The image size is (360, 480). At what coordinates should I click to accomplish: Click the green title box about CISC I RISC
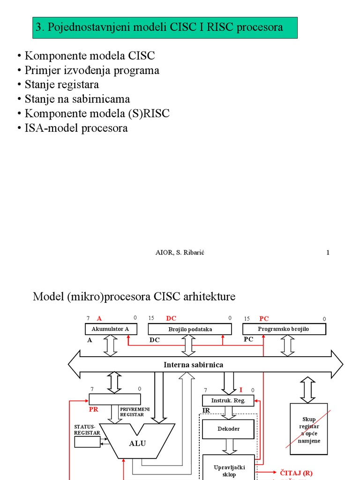[x=165, y=28]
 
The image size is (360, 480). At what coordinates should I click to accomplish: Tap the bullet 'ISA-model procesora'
[x=73, y=128]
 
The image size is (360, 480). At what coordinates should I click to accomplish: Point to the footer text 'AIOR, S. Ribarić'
[x=180, y=253]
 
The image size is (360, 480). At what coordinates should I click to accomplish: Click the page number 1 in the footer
[x=328, y=253]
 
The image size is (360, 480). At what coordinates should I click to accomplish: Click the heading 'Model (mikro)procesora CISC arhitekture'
[x=134, y=297]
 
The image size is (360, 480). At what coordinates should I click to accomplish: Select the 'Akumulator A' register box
[x=111, y=329]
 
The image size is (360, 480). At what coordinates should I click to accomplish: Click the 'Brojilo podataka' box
[x=190, y=329]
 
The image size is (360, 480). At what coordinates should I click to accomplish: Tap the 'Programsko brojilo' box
[x=284, y=329]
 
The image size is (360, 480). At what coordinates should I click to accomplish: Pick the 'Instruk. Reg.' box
[x=228, y=400]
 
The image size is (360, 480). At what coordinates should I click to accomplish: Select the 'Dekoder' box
[x=228, y=429]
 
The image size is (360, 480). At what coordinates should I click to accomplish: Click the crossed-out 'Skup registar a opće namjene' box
[x=309, y=428]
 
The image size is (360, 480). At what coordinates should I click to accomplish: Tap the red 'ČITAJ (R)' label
[x=296, y=473]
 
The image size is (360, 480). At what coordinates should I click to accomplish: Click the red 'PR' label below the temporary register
[x=94, y=409]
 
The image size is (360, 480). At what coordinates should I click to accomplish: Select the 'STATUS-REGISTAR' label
[x=88, y=430]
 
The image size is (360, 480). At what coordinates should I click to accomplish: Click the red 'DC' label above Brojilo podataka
[x=171, y=318]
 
